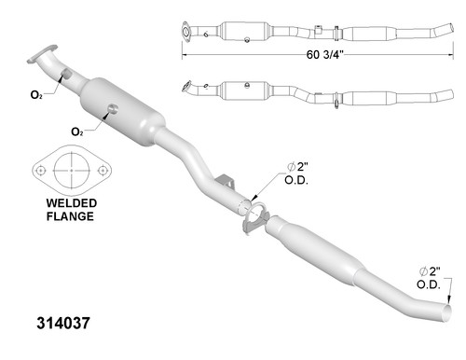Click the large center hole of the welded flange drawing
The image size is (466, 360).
point(66,172)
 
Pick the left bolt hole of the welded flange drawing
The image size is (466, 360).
point(41,172)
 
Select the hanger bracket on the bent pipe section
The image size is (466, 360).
point(225,180)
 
